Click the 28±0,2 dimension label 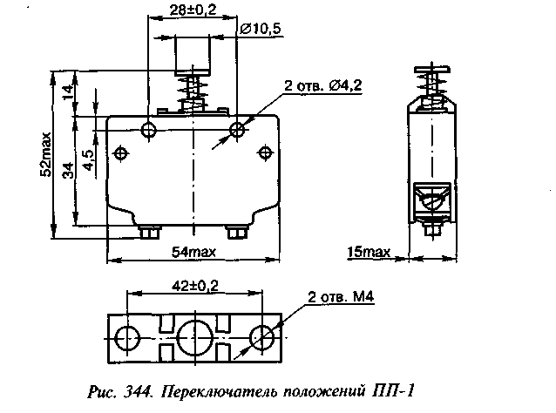coord(193,10)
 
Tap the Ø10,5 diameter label coord(261,29)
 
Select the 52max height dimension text coord(46,154)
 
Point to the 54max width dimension coord(193,252)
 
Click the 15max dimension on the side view coord(368,252)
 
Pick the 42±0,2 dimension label coord(195,286)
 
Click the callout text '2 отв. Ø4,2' coord(323,85)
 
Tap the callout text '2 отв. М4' coord(341,297)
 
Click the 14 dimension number coord(69,91)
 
